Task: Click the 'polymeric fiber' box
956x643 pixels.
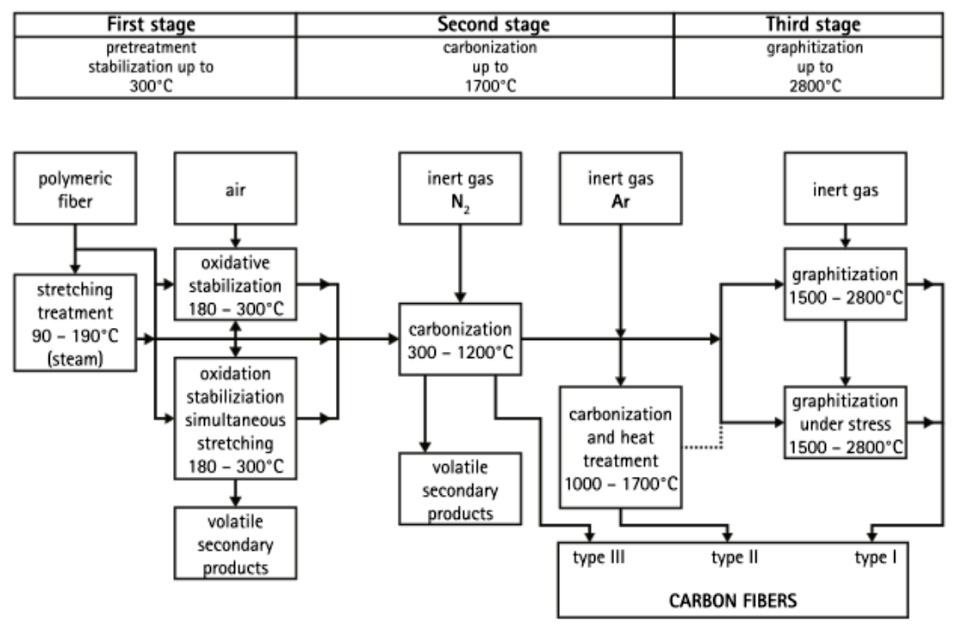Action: click(x=77, y=189)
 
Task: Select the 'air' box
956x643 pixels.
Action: click(x=235, y=189)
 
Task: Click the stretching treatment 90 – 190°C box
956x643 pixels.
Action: click(x=77, y=323)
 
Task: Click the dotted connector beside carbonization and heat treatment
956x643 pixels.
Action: click(x=702, y=447)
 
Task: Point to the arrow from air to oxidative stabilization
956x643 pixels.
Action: click(x=235, y=236)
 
